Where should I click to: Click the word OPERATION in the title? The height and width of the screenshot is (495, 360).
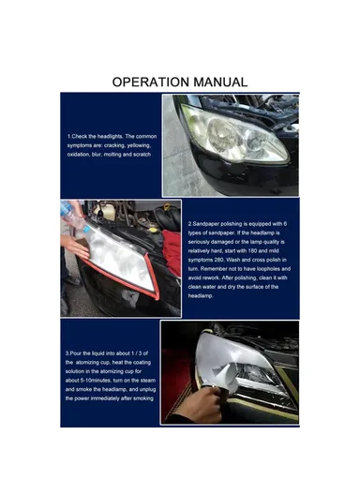(x=151, y=82)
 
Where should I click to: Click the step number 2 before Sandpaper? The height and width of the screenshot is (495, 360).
(x=190, y=225)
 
